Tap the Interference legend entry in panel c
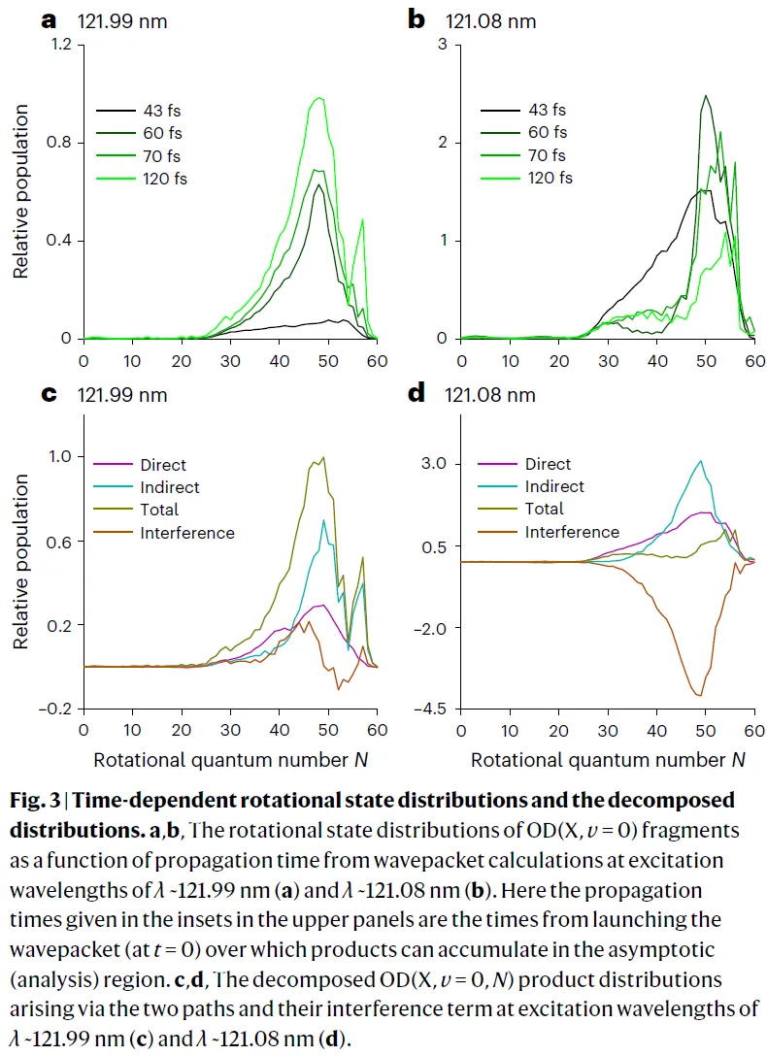tap(187, 532)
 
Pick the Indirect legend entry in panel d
tap(554, 486)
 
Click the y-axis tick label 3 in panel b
tap(442, 45)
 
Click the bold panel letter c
tap(49, 395)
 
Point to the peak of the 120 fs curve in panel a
tap(317, 98)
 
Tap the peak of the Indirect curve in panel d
tap(700, 461)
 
